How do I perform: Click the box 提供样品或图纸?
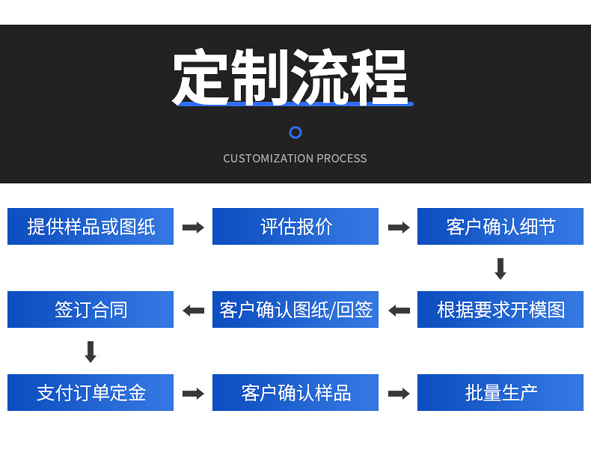(91, 227)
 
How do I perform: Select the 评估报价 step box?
(295, 227)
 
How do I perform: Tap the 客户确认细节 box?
(500, 227)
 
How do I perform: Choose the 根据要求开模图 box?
(500, 310)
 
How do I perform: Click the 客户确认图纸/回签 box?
(295, 310)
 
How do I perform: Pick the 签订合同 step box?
(91, 310)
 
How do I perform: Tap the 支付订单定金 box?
(91, 393)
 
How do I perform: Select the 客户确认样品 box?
(295, 393)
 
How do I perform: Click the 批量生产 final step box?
(500, 393)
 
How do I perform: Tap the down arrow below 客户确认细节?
(500, 269)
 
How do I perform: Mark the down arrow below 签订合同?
(91, 352)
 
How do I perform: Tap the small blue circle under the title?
(295, 132)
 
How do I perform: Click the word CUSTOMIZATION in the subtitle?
(268, 159)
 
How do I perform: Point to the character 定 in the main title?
(201, 77)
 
